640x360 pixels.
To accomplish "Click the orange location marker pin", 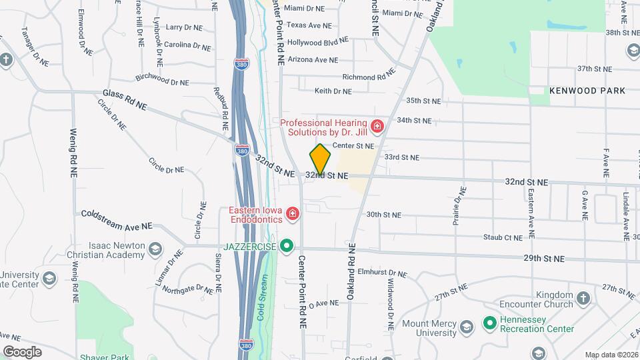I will tap(320, 159).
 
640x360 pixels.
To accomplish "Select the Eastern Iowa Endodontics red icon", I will tap(292, 214).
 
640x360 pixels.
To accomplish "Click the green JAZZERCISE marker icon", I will tap(287, 246).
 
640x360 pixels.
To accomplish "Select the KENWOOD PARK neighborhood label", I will tap(587, 90).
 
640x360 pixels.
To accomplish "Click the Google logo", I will tap(23, 351).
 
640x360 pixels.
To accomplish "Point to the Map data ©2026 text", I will tap(611, 355).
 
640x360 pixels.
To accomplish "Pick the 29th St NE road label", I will tap(544, 258).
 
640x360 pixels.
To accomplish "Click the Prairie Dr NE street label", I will tap(459, 206).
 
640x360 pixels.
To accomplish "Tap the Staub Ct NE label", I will tap(503, 237).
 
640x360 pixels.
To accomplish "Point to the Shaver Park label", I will tap(99, 357).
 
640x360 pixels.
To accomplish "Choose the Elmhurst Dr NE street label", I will tap(382, 273).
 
